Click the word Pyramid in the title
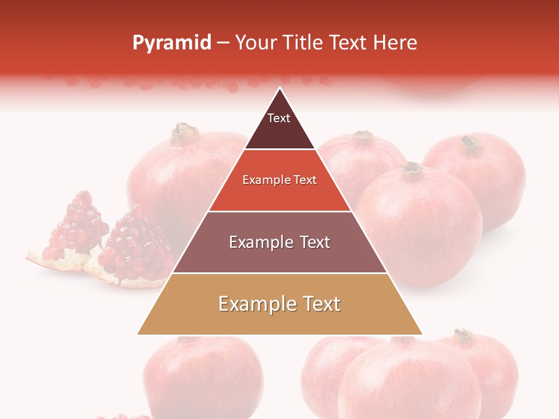[172, 42]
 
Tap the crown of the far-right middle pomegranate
[470, 144]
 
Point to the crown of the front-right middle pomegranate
[412, 168]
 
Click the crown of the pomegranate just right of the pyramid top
[363, 136]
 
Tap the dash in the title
[223, 43]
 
